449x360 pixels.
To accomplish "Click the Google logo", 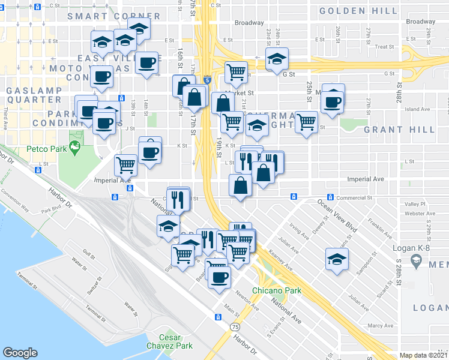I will click(x=20, y=353).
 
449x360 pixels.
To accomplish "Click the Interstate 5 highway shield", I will click(x=206, y=79).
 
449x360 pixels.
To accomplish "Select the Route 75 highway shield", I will click(x=234, y=327).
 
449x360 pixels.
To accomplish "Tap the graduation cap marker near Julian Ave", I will click(x=337, y=259).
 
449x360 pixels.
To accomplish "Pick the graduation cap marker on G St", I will click(x=277, y=59).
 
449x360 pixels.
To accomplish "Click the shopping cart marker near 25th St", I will click(x=306, y=122).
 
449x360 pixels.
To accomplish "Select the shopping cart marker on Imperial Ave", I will click(x=126, y=164).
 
